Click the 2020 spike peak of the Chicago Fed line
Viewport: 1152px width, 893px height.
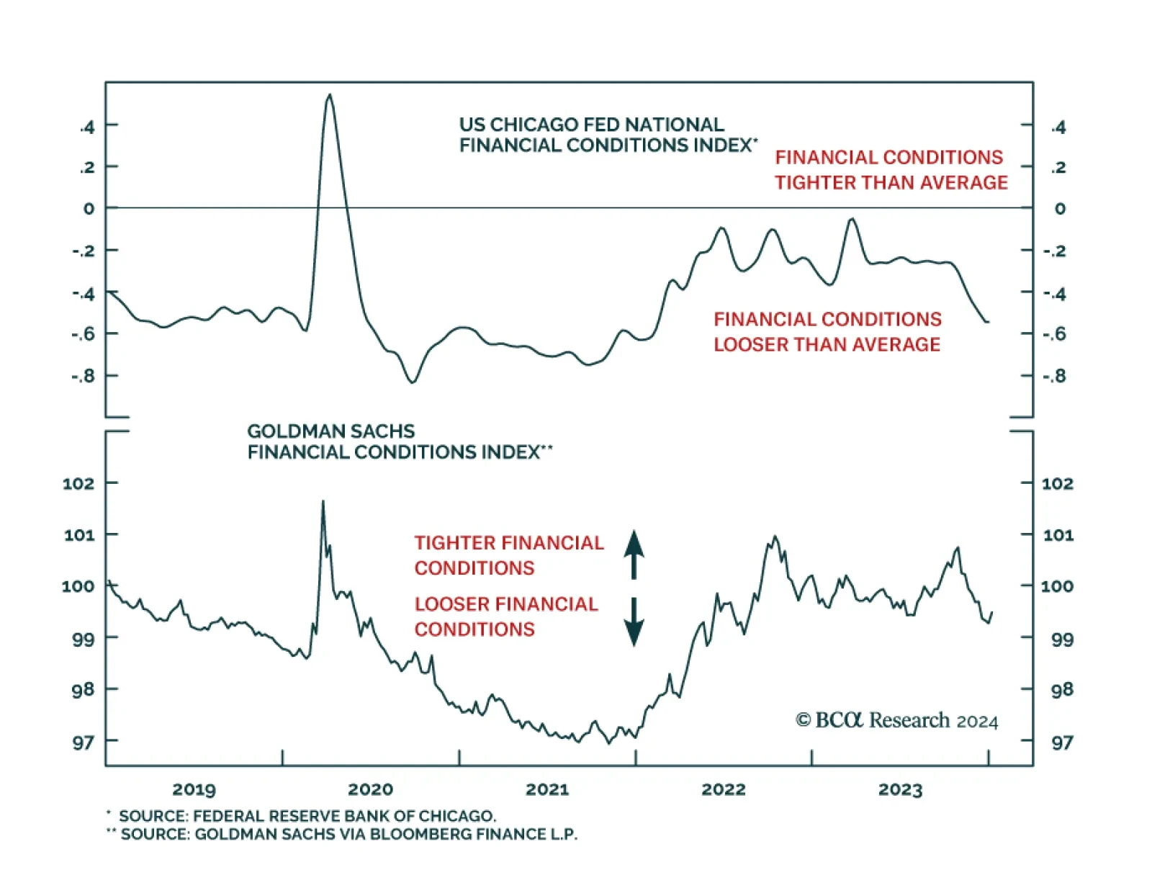(330, 95)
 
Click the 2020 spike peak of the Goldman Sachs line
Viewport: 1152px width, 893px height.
(323, 501)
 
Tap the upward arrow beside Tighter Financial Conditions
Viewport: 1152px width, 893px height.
(634, 555)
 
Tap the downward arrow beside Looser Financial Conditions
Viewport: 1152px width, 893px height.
(634, 622)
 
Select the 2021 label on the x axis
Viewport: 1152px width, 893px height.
(547, 789)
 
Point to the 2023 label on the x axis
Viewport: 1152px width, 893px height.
(900, 789)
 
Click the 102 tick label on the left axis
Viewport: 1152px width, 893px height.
(78, 483)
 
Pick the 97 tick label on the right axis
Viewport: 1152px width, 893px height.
(1062, 742)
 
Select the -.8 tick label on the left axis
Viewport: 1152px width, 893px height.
(83, 376)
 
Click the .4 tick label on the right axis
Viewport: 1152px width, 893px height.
(1058, 127)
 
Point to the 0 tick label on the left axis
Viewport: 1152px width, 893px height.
(89, 209)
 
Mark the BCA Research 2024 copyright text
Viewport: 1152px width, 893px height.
(896, 721)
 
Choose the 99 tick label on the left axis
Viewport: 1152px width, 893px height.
(83, 639)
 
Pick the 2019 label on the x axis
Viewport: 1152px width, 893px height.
(194, 789)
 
